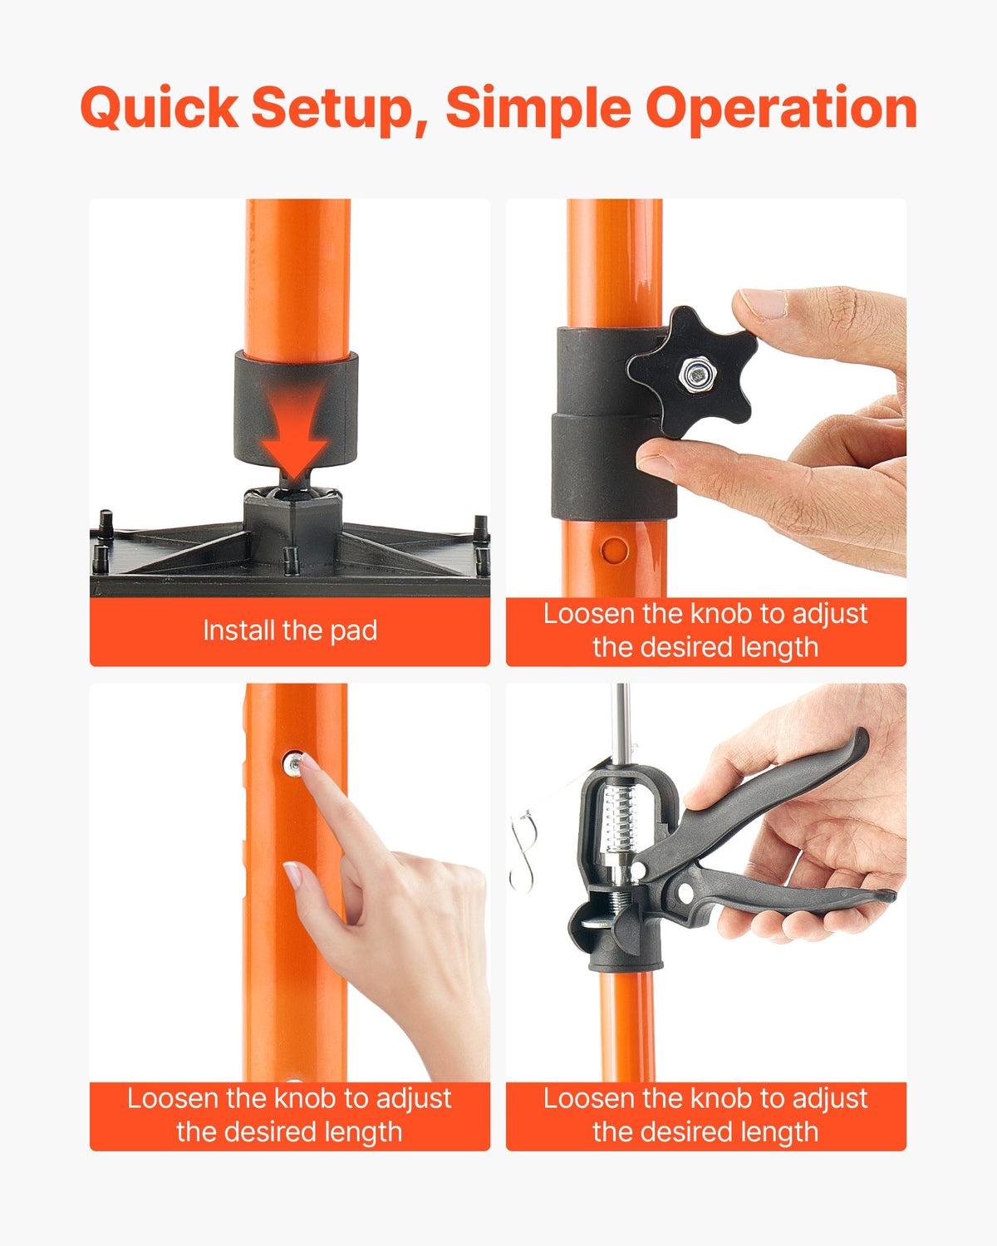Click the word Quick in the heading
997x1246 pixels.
coord(159,109)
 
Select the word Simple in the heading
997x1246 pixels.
coord(538,109)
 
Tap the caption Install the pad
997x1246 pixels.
coord(290,630)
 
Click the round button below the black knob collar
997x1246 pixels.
coord(615,550)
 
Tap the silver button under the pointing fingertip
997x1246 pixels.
coord(292,763)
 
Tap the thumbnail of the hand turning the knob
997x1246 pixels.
coord(763,304)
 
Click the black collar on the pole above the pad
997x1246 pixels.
coord(296,407)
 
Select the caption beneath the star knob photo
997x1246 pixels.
coord(705,630)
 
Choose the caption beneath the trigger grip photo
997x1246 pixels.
coord(705,1115)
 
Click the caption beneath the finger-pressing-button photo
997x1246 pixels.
coord(289,1115)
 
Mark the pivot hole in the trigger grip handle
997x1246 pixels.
coord(685,894)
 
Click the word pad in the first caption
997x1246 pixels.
coord(354,631)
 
